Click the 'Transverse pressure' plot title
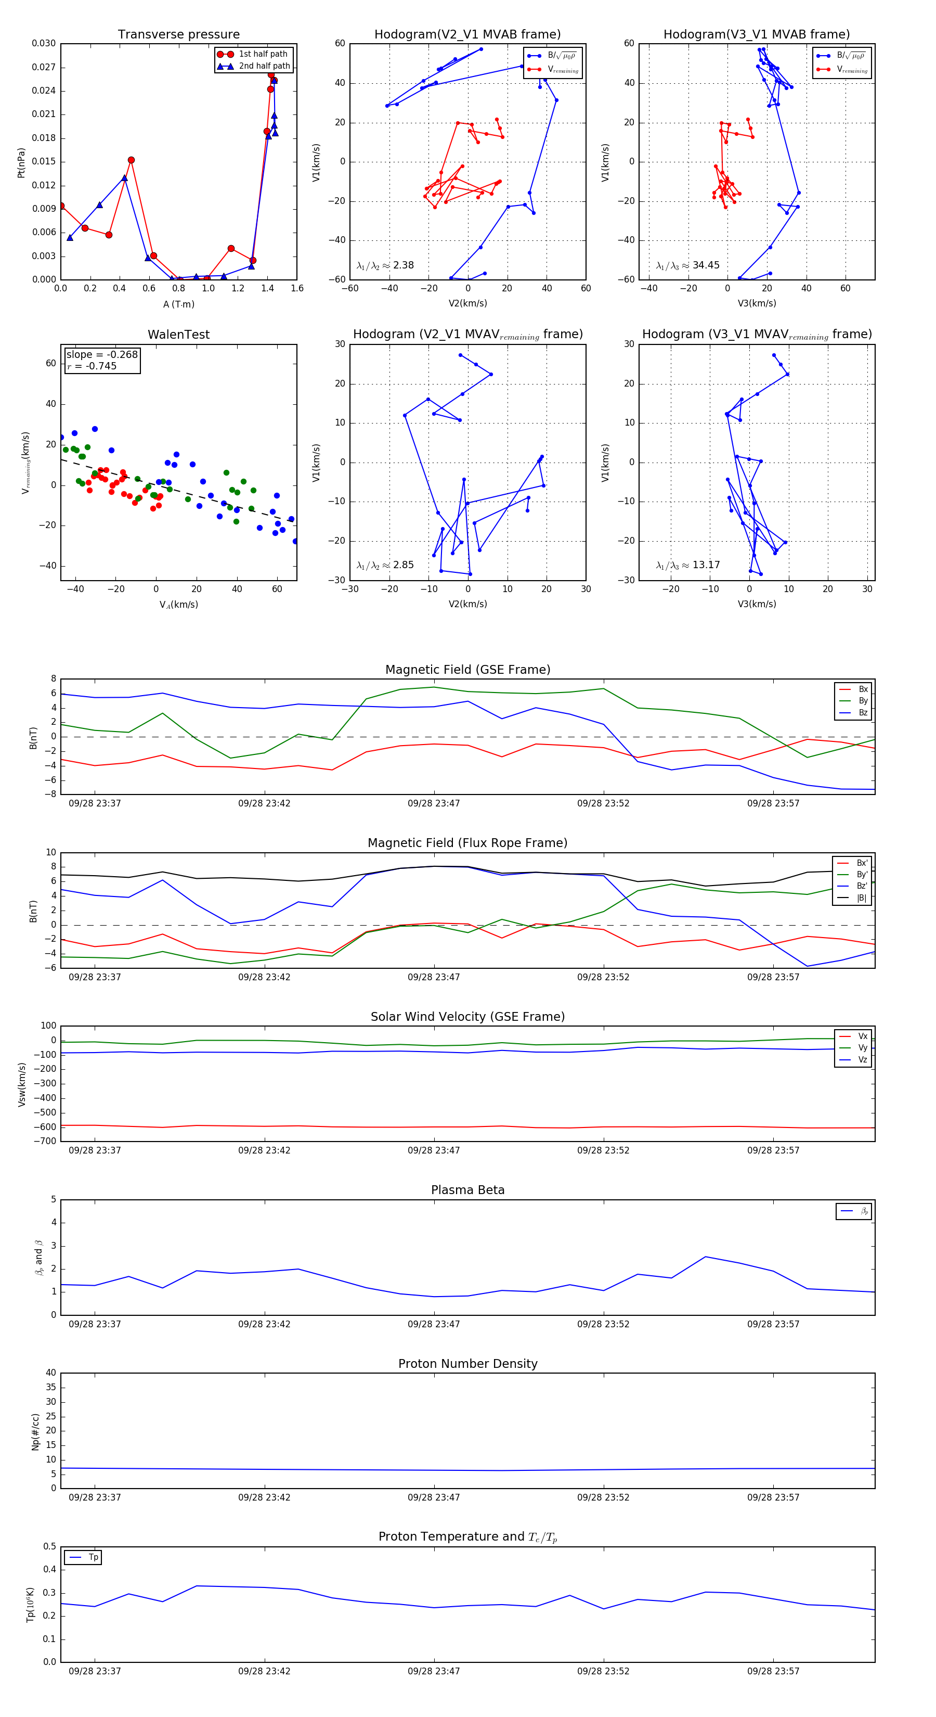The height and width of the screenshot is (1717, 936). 178,35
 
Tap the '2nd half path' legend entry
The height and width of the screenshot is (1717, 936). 264,66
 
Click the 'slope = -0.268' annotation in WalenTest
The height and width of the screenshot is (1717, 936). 102,355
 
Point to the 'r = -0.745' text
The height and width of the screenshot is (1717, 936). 92,366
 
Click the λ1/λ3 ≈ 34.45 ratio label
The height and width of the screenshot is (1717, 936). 687,265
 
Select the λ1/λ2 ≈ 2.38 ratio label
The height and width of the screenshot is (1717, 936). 385,265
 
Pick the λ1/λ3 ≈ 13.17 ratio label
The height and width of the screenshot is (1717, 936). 687,565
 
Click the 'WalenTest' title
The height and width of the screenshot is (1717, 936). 178,335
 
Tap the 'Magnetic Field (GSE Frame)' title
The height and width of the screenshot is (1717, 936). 467,670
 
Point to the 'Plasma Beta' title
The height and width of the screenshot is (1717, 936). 467,1190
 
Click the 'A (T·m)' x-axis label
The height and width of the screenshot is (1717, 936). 178,304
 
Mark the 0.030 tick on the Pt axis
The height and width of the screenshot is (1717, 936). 44,43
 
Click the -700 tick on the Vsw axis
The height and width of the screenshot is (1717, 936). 44,1141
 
